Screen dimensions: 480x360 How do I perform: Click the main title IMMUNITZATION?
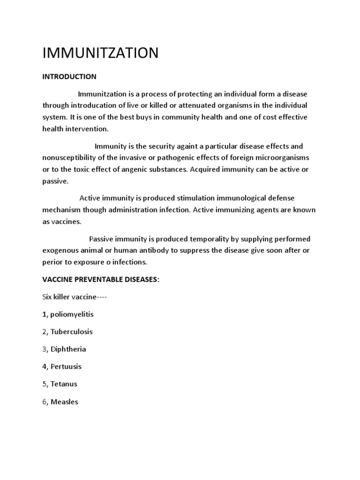pos(100,53)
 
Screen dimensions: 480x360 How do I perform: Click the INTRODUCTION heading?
pos(69,76)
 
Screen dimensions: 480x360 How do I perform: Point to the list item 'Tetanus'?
pos(64,384)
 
